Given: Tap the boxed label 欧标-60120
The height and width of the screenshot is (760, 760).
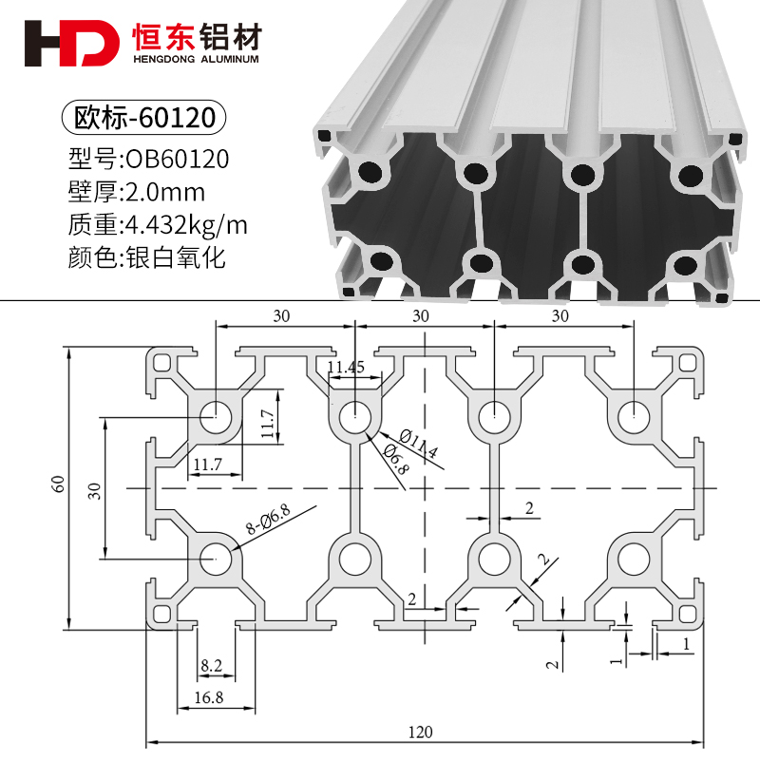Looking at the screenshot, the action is click(143, 119).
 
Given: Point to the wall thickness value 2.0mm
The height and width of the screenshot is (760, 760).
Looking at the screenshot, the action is click(165, 192).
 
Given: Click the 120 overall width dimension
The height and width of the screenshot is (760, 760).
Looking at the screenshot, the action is click(421, 731).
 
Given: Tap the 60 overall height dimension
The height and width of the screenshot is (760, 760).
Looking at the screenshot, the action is click(59, 484).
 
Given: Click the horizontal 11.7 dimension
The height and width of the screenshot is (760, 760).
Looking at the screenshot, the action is click(207, 464).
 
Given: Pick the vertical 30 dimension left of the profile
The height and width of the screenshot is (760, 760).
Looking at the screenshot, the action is click(93, 490).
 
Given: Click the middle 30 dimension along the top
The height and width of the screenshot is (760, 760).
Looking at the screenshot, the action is click(421, 314).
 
